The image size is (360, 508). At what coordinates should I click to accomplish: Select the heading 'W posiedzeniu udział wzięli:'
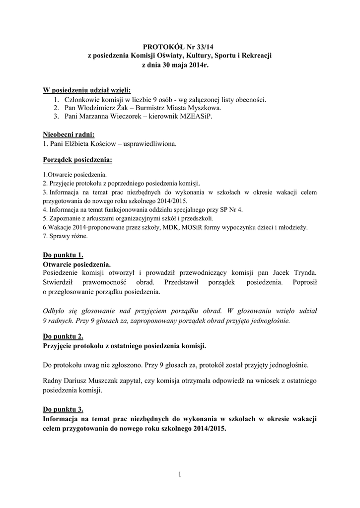click(x=87, y=90)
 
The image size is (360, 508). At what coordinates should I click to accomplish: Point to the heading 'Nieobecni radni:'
click(x=69, y=134)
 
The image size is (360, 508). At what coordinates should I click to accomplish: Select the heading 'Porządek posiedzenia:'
click(x=77, y=161)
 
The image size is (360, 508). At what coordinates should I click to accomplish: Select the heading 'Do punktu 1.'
click(x=63, y=255)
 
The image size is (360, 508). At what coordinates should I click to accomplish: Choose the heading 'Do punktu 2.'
click(x=63, y=336)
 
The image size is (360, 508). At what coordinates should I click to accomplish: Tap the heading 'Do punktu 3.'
click(x=63, y=409)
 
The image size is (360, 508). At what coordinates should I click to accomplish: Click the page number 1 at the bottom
click(x=180, y=475)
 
